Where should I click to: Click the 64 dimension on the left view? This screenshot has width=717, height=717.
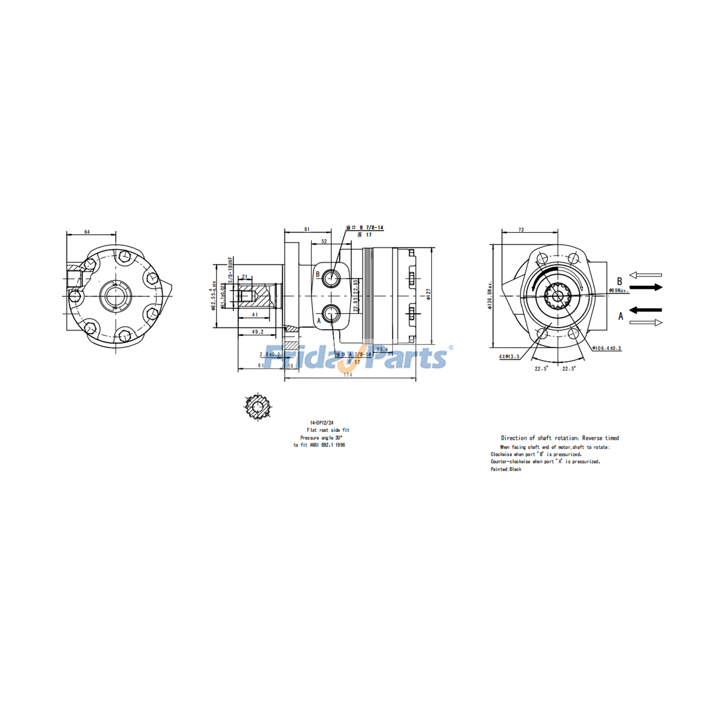[x=87, y=232]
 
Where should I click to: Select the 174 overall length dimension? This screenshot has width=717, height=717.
[x=348, y=375]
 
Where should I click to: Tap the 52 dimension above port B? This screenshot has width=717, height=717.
[x=324, y=241]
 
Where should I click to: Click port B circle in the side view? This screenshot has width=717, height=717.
[x=332, y=278]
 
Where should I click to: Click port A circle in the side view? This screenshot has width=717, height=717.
[x=332, y=314]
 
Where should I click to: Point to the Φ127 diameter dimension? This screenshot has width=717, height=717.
[x=428, y=294]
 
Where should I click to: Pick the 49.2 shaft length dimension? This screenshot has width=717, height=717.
[x=257, y=332]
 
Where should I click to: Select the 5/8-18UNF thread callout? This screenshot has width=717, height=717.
[x=230, y=270]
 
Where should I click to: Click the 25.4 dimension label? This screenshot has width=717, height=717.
[x=382, y=349]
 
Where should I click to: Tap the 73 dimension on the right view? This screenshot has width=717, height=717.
[x=521, y=230]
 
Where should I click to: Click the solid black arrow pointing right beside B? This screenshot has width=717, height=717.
[x=646, y=287]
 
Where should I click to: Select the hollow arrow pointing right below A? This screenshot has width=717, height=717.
[x=646, y=322]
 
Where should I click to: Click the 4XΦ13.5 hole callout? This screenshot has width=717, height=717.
[x=509, y=357]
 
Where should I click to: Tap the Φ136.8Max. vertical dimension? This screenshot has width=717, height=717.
[x=490, y=295]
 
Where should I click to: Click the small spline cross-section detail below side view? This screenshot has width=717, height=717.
[x=257, y=406]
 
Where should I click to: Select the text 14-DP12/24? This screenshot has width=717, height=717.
[x=322, y=423]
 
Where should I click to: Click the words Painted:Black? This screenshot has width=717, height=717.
[x=506, y=469]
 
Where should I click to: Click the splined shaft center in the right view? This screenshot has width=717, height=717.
[x=557, y=296]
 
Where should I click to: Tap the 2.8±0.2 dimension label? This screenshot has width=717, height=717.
[x=270, y=354]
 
